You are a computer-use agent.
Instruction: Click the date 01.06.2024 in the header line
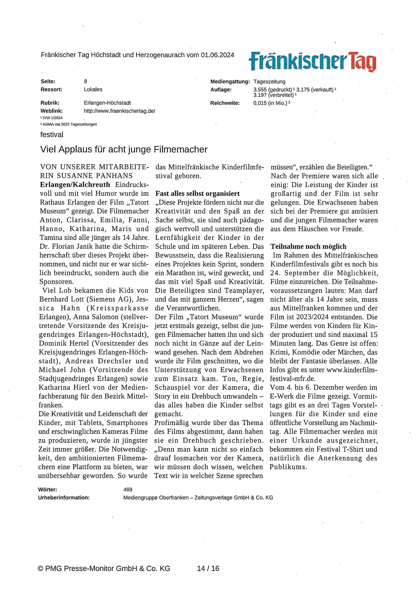tap(217, 55)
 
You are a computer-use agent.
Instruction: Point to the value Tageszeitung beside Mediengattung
tap(269, 82)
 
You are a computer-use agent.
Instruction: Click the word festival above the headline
tap(52, 135)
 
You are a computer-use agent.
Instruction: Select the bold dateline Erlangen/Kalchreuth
tap(75, 185)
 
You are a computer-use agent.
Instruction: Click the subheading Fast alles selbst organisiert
tap(197, 194)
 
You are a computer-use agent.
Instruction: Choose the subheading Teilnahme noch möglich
tap(308, 247)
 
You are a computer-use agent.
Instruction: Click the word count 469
tap(128, 490)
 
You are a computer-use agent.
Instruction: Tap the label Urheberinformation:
tap(64, 498)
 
